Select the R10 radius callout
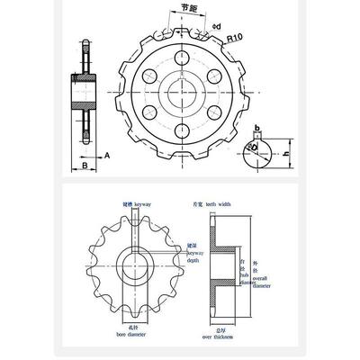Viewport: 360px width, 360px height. coord(235,39)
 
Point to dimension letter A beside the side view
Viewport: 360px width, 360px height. coord(107,155)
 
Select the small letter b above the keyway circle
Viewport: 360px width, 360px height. coord(256,128)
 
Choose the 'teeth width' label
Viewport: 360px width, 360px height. coord(217,205)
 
